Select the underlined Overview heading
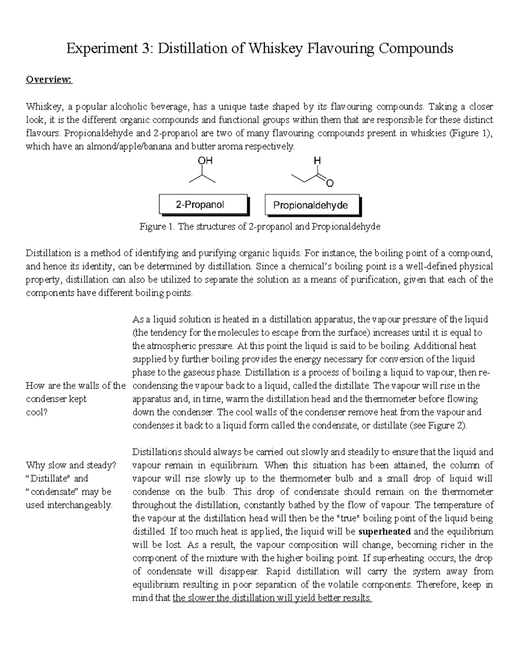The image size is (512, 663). pos(49,80)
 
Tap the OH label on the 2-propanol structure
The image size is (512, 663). pos(205,161)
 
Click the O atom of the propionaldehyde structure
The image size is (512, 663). pos(329,184)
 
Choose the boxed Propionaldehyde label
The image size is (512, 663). pos(310,205)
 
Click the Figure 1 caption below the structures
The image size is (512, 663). pos(259,227)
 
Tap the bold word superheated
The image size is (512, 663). pos(384,532)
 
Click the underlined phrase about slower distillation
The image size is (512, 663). pos(272,598)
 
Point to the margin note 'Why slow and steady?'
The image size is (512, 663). pos(71,465)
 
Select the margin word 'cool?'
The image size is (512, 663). pos(37,412)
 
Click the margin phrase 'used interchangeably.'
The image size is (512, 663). pos(69,505)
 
